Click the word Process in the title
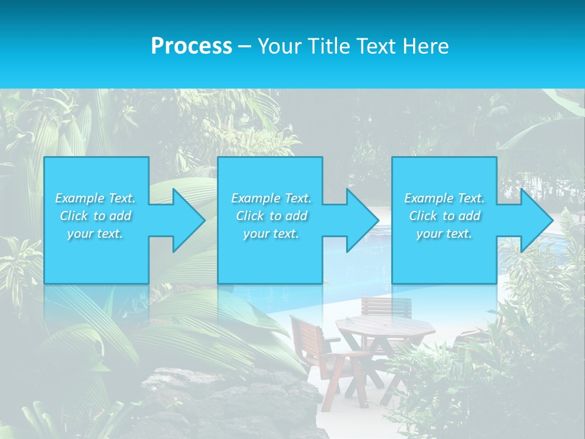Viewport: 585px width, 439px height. pyautogui.click(x=191, y=46)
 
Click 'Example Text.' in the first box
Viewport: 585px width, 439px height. pyautogui.click(x=95, y=198)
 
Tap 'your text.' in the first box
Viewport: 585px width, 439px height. pyautogui.click(x=95, y=234)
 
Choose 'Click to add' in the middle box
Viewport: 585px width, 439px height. pyautogui.click(x=271, y=216)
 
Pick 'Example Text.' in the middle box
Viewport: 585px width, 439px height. pyautogui.click(x=271, y=198)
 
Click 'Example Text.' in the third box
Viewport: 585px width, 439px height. pyautogui.click(x=444, y=198)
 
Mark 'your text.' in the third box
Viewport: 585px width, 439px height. pyautogui.click(x=444, y=234)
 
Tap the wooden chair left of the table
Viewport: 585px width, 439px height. pyautogui.click(x=317, y=354)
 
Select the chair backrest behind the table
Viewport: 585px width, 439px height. pyautogui.click(x=386, y=306)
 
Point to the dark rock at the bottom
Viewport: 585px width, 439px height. pyautogui.click(x=232, y=402)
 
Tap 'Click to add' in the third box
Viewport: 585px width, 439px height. pyautogui.click(x=444, y=216)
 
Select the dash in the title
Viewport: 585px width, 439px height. pyautogui.click(x=244, y=46)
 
